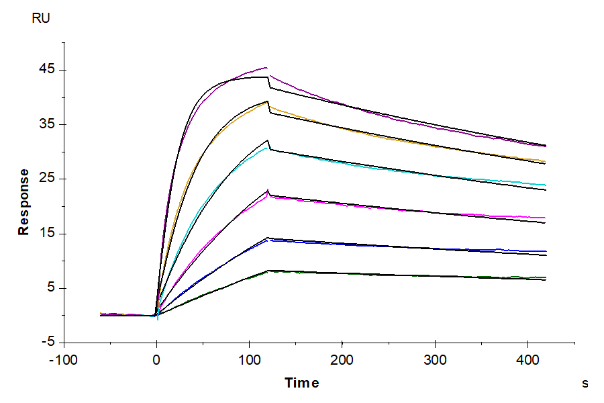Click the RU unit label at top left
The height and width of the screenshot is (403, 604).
40,18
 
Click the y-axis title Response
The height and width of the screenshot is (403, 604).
24,201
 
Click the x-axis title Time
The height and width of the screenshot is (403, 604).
302,383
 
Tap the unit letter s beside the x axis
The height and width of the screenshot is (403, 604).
585,384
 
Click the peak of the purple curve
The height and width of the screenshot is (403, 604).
267,67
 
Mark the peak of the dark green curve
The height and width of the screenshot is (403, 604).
268,271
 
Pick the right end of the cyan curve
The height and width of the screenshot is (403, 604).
546,185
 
